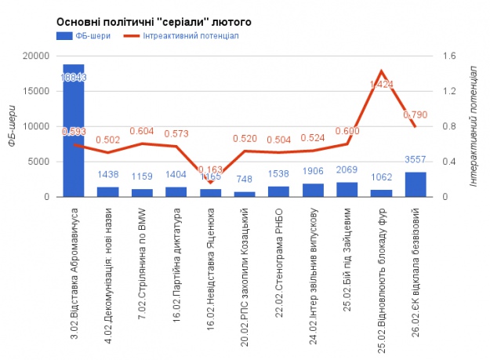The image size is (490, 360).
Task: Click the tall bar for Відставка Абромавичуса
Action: click(74, 133)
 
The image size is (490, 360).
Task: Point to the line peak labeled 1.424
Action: click(381, 71)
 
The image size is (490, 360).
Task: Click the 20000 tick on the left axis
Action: click(37, 56)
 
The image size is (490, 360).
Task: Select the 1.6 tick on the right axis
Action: click(449, 56)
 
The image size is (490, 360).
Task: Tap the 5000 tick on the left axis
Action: click(39, 162)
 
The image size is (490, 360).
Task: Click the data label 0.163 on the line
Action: click(211, 169)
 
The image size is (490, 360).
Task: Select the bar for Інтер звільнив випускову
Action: click(313, 190)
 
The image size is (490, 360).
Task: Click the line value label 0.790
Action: click(415, 115)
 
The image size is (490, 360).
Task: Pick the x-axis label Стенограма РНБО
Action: click(279, 253)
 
